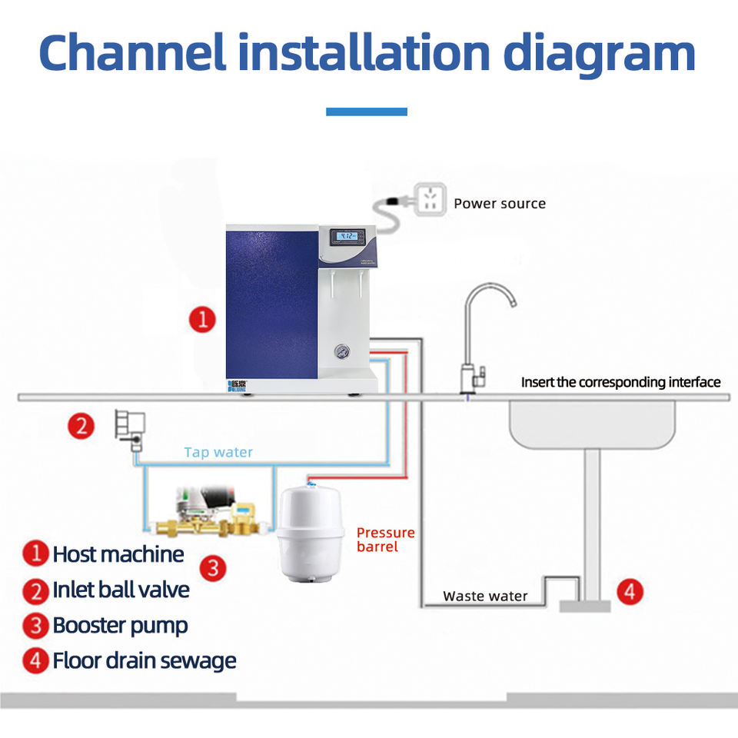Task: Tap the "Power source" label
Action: (x=500, y=204)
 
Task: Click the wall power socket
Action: (x=430, y=199)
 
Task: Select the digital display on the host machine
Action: (x=347, y=237)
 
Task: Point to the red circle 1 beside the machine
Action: (x=202, y=319)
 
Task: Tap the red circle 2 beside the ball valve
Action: (x=83, y=426)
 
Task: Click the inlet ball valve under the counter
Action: (x=129, y=429)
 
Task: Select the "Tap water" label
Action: (x=218, y=452)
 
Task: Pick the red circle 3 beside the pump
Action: (x=213, y=568)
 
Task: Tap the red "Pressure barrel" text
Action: (x=385, y=540)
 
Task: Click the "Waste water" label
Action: (x=485, y=596)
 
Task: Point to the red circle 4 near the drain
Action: (x=630, y=592)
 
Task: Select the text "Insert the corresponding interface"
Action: (x=620, y=382)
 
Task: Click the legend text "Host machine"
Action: (x=118, y=554)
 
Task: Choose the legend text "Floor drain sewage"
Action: (x=144, y=660)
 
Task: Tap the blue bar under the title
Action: (x=367, y=111)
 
